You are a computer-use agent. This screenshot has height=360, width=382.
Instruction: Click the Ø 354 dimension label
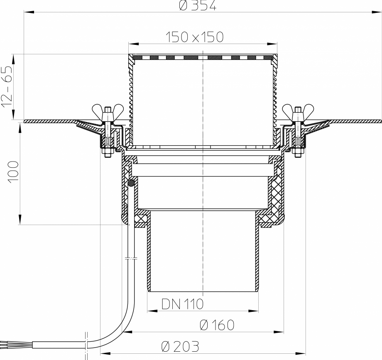(x=198, y=5)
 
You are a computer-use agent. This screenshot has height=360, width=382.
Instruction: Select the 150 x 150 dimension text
(x=194, y=37)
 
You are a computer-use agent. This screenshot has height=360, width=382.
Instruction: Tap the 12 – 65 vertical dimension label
(x=7, y=87)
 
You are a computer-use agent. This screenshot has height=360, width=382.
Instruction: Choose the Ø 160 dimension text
(x=217, y=325)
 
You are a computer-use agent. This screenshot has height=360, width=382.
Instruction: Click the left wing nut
(x=107, y=111)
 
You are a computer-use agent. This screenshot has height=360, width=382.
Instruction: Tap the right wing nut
(x=297, y=111)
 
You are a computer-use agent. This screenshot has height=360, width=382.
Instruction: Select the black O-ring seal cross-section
(x=131, y=182)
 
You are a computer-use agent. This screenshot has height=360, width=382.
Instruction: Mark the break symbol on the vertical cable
(x=131, y=258)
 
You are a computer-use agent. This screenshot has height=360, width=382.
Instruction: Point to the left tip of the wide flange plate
(x=26, y=121)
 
